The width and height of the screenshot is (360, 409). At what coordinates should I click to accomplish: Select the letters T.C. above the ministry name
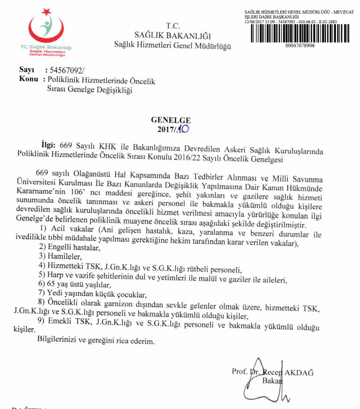tap(172, 25)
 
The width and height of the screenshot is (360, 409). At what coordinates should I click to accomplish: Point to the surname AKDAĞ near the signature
tap(300, 373)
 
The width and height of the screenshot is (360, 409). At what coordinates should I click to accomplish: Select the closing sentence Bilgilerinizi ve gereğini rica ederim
tap(96, 341)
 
